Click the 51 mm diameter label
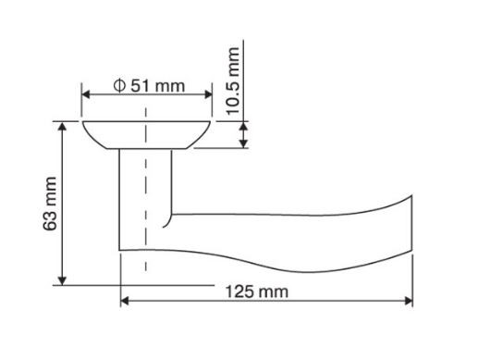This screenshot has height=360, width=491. point(149,85)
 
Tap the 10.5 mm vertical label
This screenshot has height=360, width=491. point(233,81)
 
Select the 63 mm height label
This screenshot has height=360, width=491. point(50,204)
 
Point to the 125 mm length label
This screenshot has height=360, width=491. point(257,292)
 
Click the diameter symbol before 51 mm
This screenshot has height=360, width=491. point(119,85)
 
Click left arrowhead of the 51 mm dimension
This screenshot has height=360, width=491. point(85,94)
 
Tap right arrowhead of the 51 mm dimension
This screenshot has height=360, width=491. point(208,94)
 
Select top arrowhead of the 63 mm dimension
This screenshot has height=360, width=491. point(63,127)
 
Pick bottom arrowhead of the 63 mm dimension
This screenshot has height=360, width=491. point(63,280)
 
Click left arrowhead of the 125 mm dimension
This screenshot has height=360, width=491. point(125,301)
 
